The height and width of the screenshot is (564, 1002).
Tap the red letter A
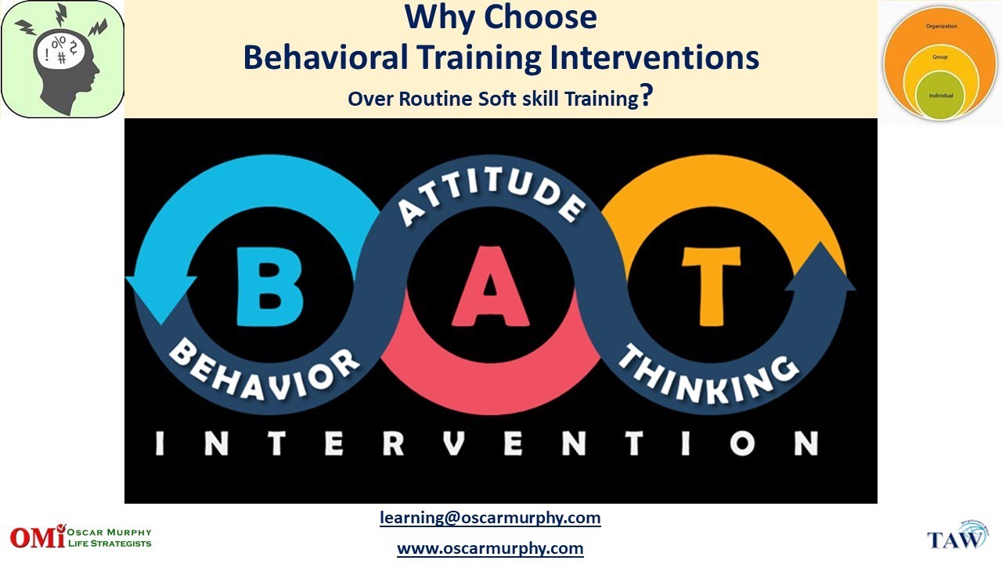point(491,287)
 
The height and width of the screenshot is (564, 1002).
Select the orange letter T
point(710,285)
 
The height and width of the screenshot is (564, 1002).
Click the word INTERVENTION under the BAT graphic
point(486,444)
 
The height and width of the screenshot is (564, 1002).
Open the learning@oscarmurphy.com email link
point(490,518)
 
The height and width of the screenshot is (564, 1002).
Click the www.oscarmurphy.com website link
point(490,548)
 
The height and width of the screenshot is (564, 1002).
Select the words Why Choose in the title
point(501,17)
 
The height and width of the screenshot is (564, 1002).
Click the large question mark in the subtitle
point(647,96)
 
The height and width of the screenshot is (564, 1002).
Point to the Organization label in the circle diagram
point(941,26)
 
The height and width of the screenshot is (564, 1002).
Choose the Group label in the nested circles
point(940,57)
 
